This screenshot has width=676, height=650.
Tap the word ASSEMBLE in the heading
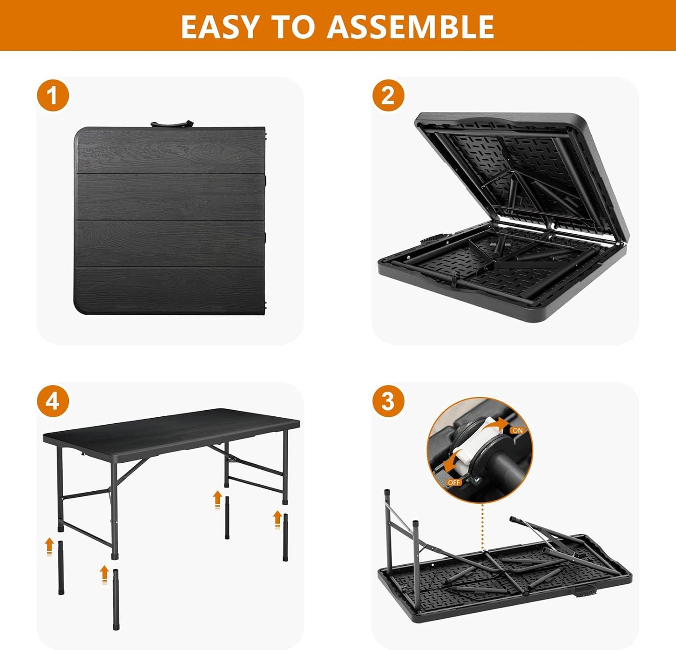(410, 27)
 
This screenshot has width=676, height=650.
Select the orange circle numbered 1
(53, 96)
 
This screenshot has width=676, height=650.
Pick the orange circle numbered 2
(388, 96)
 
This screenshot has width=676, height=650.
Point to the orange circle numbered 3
(388, 401)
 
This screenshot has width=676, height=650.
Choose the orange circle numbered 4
(53, 401)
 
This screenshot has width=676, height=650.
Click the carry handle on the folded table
(172, 124)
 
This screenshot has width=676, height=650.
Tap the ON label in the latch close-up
(517, 430)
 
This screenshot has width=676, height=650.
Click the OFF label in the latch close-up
(454, 482)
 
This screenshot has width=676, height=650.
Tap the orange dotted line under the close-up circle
(482, 524)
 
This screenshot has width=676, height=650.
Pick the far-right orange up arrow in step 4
(277, 519)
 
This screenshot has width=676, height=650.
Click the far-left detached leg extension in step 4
(61, 568)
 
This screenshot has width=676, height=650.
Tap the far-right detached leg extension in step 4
(285, 537)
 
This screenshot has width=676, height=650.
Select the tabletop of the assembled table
(171, 427)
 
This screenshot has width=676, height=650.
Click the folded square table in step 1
(169, 220)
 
